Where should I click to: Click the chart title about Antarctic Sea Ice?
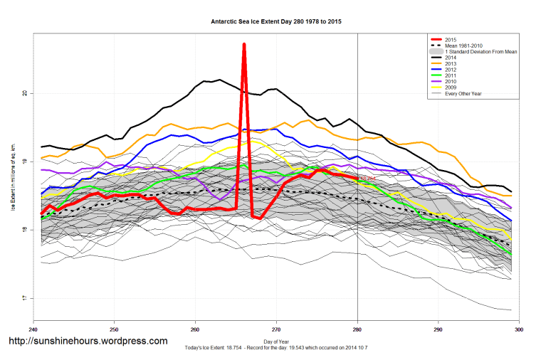click(276, 22)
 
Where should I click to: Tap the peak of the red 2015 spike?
click(244, 44)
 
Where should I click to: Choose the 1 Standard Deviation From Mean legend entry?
click(480, 52)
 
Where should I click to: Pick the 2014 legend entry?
click(450, 58)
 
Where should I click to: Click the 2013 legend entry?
click(450, 65)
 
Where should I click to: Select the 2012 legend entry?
click(450, 71)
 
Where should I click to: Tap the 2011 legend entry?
click(450, 78)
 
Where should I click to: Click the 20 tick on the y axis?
click(24, 93)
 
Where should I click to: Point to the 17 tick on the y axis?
click(24, 298)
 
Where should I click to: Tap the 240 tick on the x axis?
click(33, 329)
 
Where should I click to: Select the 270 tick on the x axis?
click(276, 329)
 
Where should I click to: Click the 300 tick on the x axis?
click(519, 329)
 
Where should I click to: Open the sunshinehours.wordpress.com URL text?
click(87, 341)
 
